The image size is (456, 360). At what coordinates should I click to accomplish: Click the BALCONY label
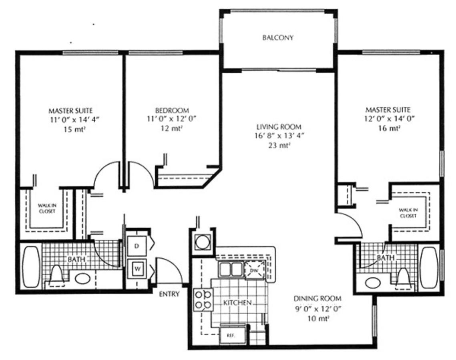(278, 38)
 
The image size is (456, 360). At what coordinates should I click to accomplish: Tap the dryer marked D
(137, 246)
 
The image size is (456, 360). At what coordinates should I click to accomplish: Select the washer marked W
(137, 268)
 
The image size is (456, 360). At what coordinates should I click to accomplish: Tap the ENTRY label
(169, 294)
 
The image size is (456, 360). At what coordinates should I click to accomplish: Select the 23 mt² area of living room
(279, 146)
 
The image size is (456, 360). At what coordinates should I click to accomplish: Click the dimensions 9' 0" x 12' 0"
(317, 308)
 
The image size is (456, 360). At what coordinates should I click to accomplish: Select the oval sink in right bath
(373, 283)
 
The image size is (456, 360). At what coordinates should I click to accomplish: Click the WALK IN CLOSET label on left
(47, 208)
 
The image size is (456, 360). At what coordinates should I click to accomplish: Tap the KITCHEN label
(237, 303)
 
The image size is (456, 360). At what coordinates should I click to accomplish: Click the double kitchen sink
(231, 269)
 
